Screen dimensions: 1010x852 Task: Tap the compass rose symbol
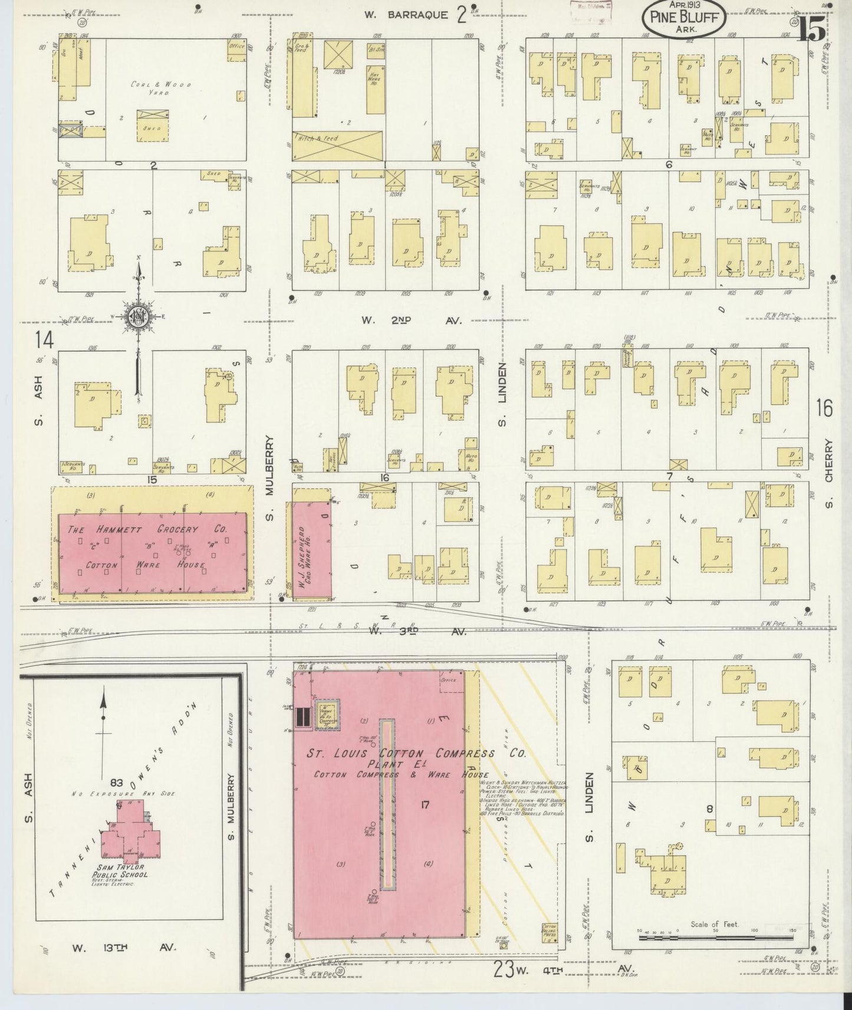[x=138, y=318]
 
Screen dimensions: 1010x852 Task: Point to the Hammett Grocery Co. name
[x=147, y=530]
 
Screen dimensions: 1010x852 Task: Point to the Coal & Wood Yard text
[x=161, y=88]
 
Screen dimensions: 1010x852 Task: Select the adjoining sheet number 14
[x=44, y=340]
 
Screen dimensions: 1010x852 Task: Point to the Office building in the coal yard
[x=236, y=51]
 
